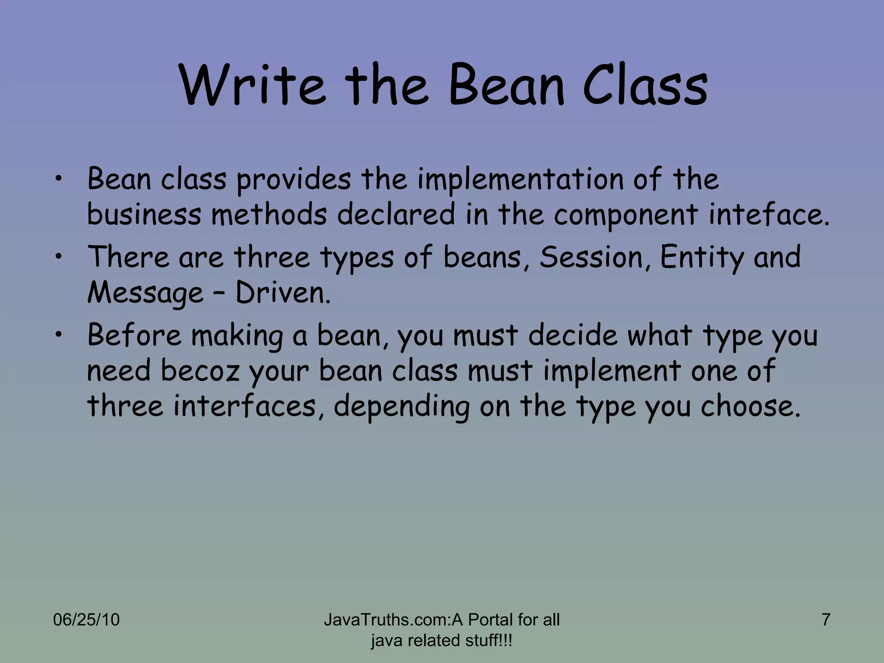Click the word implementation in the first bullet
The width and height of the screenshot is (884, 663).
[x=520, y=179]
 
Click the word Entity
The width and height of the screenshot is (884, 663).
[x=702, y=257]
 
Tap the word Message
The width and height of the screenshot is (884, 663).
[x=145, y=293]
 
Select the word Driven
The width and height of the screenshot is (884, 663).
[x=283, y=293]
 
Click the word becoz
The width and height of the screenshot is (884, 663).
[x=200, y=371]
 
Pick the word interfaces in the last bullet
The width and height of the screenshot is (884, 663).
[x=245, y=407]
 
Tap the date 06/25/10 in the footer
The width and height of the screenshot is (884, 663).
[x=86, y=620]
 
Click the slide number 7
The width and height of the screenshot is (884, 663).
[x=826, y=620]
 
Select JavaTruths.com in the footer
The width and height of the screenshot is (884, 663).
[x=387, y=620]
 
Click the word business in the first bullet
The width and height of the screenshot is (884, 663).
[x=144, y=215]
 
